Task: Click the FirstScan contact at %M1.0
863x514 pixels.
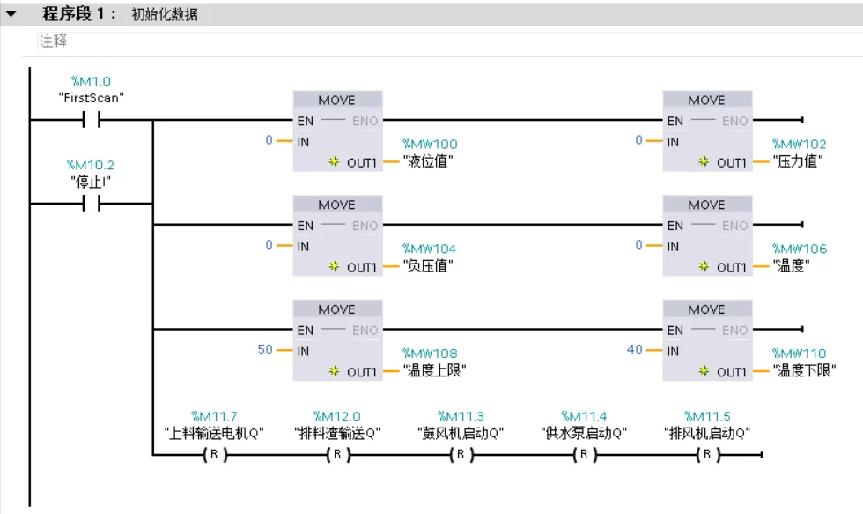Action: pyautogui.click(x=92, y=120)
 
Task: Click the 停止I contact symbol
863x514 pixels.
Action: pyautogui.click(x=92, y=204)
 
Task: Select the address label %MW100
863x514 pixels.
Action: pyautogui.click(x=430, y=144)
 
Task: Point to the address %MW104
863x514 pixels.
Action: pyautogui.click(x=430, y=249)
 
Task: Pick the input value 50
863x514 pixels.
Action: pyautogui.click(x=265, y=349)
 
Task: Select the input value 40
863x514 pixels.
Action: pyautogui.click(x=634, y=349)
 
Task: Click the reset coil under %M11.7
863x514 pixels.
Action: pyautogui.click(x=214, y=455)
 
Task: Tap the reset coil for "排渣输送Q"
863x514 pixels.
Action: pyautogui.click(x=337, y=455)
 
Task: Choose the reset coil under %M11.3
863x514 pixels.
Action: pyautogui.click(x=461, y=455)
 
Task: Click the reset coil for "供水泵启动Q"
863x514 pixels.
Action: pyautogui.click(x=584, y=455)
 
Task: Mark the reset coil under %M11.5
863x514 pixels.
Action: pyautogui.click(x=707, y=455)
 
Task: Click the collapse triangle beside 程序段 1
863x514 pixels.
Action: pyautogui.click(x=11, y=14)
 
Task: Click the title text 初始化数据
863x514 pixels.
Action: pyautogui.click(x=165, y=15)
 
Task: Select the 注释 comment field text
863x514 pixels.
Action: pyautogui.click(x=53, y=41)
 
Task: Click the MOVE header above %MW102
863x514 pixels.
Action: pyautogui.click(x=706, y=100)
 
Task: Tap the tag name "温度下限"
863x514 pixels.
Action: pyautogui.click(x=804, y=371)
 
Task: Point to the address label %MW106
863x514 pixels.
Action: pyautogui.click(x=800, y=249)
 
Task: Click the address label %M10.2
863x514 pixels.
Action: pyautogui.click(x=92, y=165)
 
